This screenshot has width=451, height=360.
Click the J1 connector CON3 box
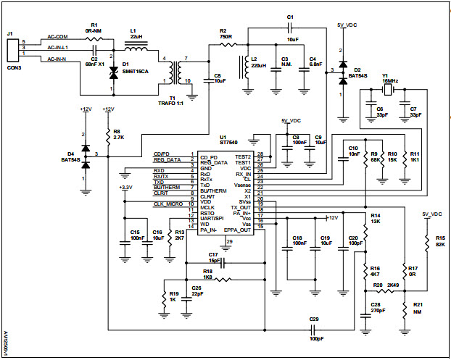[x=12, y=51]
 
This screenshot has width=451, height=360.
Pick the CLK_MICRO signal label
[x=167, y=204]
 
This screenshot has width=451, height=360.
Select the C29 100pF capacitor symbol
[x=313, y=327]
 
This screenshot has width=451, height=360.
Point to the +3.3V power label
[x=125, y=188]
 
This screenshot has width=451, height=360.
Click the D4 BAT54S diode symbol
[x=86, y=156]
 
